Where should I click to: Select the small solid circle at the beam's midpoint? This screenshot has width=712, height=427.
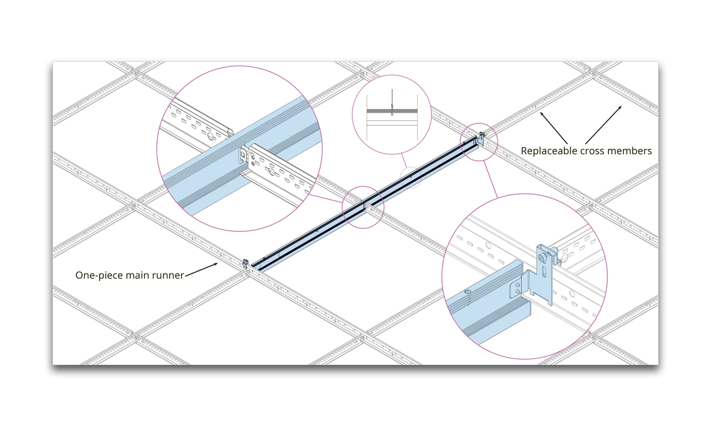point(363,206)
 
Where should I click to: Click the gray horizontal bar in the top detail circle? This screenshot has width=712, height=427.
point(392,111)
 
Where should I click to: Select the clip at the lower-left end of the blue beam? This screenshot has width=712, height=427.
point(245,263)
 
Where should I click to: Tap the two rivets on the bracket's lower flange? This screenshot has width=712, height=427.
point(517,288)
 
